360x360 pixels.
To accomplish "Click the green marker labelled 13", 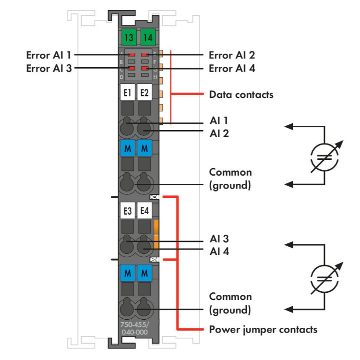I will click(x=128, y=36).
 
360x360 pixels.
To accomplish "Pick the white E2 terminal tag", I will click(x=144, y=92).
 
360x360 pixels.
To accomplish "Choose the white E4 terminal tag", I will click(x=144, y=210).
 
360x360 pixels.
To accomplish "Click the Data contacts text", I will click(x=241, y=95).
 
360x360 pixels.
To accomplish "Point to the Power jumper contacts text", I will click(x=263, y=330).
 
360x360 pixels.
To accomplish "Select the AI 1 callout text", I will click(x=218, y=120).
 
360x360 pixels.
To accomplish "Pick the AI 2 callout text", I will click(x=219, y=132).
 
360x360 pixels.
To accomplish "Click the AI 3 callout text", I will click(x=219, y=239).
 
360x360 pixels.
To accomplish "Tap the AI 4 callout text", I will click(x=219, y=251).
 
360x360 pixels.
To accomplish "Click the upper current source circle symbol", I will click(x=325, y=156).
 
